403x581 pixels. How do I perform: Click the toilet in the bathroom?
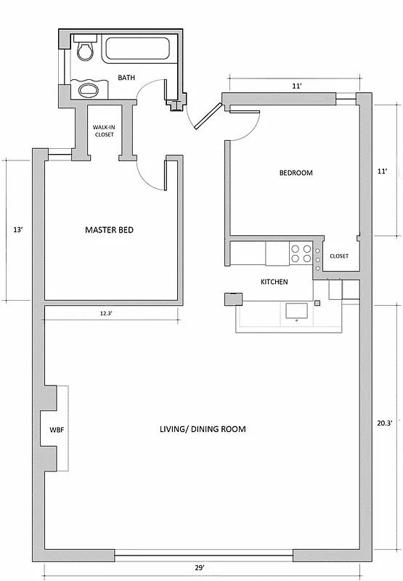(x=85, y=50)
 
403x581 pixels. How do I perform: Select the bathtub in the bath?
(x=137, y=49)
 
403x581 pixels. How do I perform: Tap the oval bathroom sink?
(x=88, y=90)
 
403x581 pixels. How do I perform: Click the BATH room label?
(x=126, y=78)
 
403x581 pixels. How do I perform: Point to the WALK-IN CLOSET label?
(x=103, y=131)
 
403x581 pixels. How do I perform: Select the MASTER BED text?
(x=109, y=230)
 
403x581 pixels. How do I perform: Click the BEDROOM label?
(x=296, y=173)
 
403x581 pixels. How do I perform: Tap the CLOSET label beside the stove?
(x=339, y=256)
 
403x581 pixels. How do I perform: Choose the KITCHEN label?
(x=274, y=282)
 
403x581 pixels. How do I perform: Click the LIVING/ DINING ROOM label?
(x=203, y=429)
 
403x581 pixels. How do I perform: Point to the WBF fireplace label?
(x=57, y=429)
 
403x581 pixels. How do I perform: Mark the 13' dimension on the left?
(x=18, y=230)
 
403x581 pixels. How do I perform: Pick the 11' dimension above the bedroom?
(x=296, y=86)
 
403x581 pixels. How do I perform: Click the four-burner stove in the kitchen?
(x=301, y=253)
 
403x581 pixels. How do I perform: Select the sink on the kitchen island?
(x=298, y=311)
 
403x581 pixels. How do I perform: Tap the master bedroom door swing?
(x=150, y=174)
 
